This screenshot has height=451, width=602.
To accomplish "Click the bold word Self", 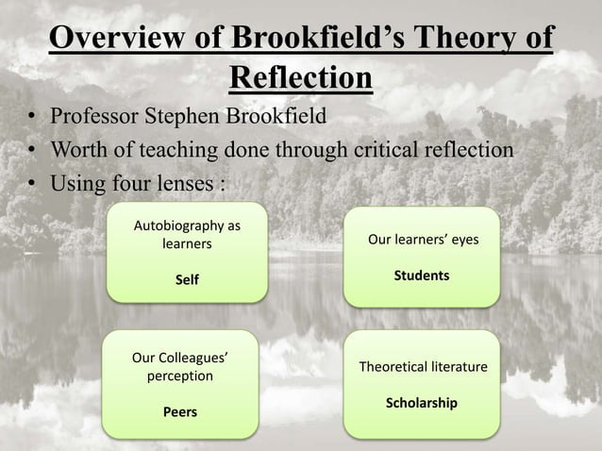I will tap(188, 280).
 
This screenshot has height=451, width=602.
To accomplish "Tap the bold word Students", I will tap(422, 276).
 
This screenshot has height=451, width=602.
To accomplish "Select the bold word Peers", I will tap(180, 411).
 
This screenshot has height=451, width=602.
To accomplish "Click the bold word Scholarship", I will tap(422, 403).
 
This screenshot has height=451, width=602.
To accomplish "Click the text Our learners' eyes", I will tap(423, 241).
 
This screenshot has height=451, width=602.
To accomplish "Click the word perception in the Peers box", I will tap(180, 376).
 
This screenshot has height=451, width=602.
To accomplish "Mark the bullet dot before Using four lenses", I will tap(31, 180).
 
